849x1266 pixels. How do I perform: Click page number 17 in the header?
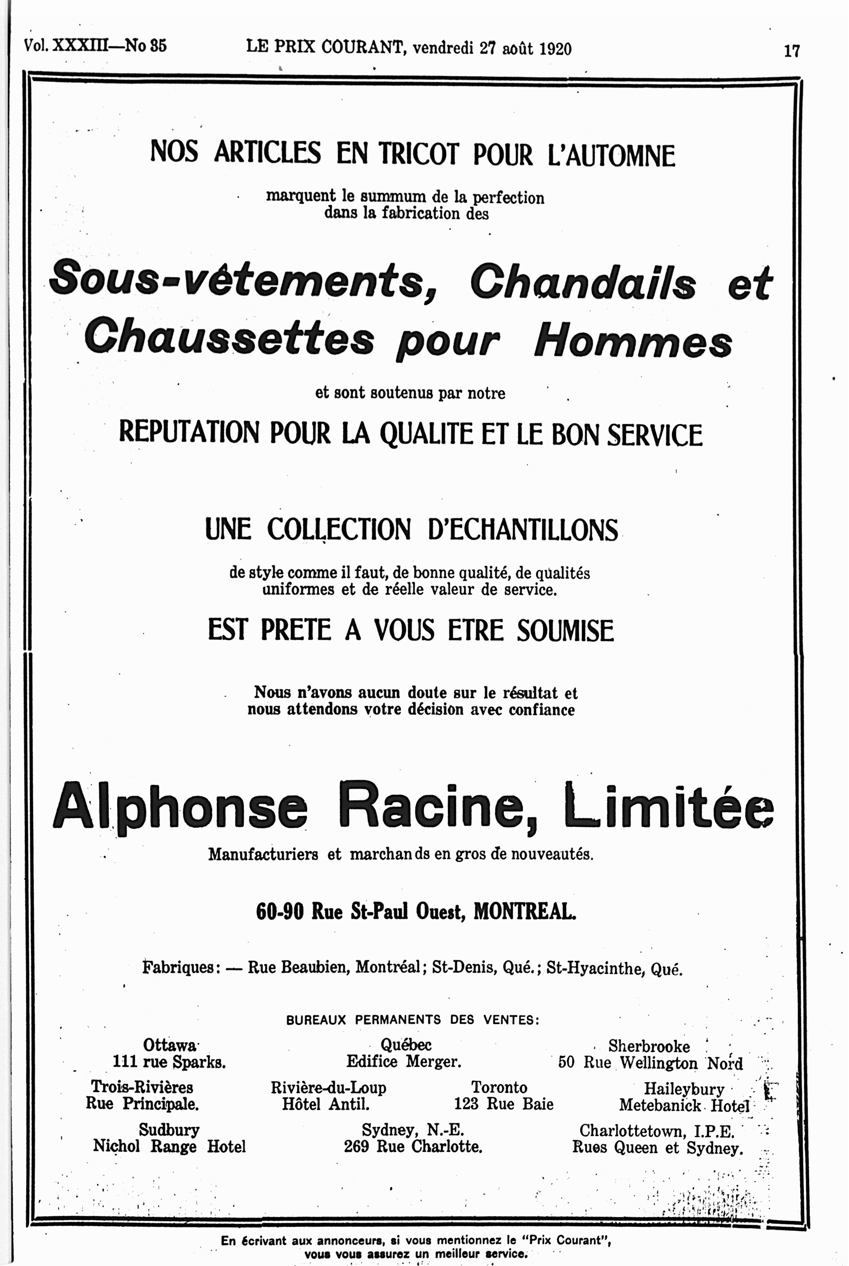click(791, 51)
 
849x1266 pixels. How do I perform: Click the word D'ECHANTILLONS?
click(523, 529)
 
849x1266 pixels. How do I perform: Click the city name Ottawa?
click(170, 1044)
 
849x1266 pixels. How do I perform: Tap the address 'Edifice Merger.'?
click(403, 1061)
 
